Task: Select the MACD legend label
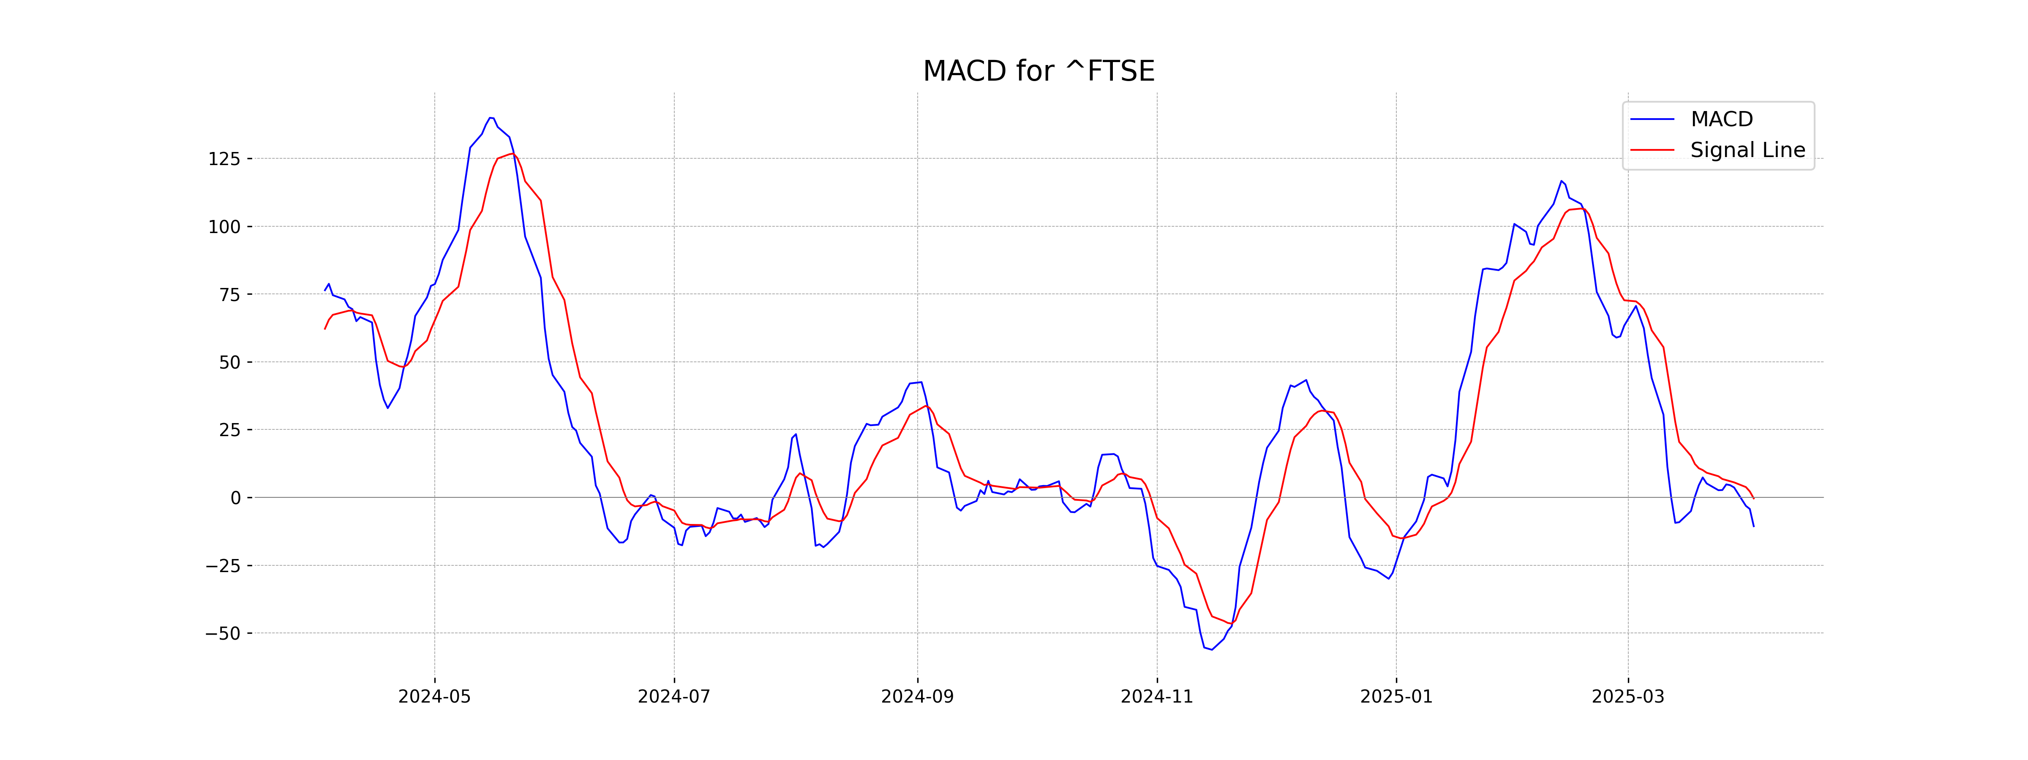(x=1722, y=119)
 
